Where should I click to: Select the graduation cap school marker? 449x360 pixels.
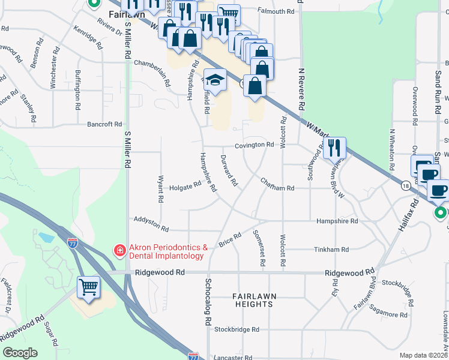tap(214, 79)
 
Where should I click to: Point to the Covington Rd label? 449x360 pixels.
tap(255, 145)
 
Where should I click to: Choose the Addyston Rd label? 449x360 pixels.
tap(152, 225)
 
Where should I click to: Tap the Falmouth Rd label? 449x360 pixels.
tap(276, 11)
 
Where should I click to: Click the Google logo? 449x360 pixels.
tap(20, 353)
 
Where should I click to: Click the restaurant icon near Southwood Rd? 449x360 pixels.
tap(334, 148)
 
